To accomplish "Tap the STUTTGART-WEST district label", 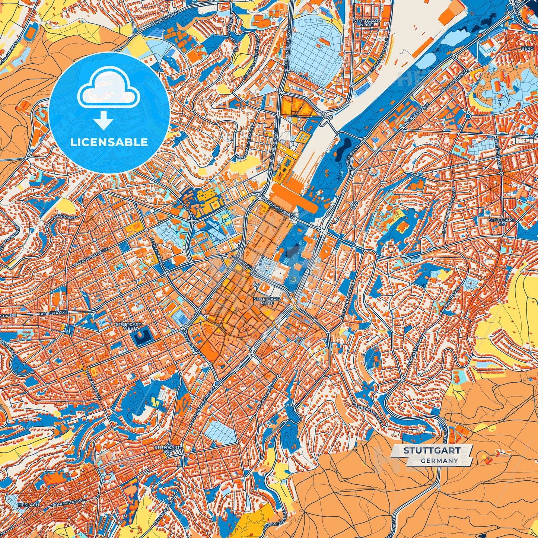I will pyautogui.click(x=129, y=326).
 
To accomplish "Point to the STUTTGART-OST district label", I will pyautogui.click(x=502, y=222).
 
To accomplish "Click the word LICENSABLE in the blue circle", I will pyautogui.click(x=109, y=142).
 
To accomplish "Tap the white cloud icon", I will pyautogui.click(x=108, y=88).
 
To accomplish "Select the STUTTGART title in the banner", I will pyautogui.click(x=432, y=451).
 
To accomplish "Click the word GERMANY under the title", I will pyautogui.click(x=439, y=461).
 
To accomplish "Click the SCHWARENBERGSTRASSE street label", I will pyautogui.click(x=448, y=210).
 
